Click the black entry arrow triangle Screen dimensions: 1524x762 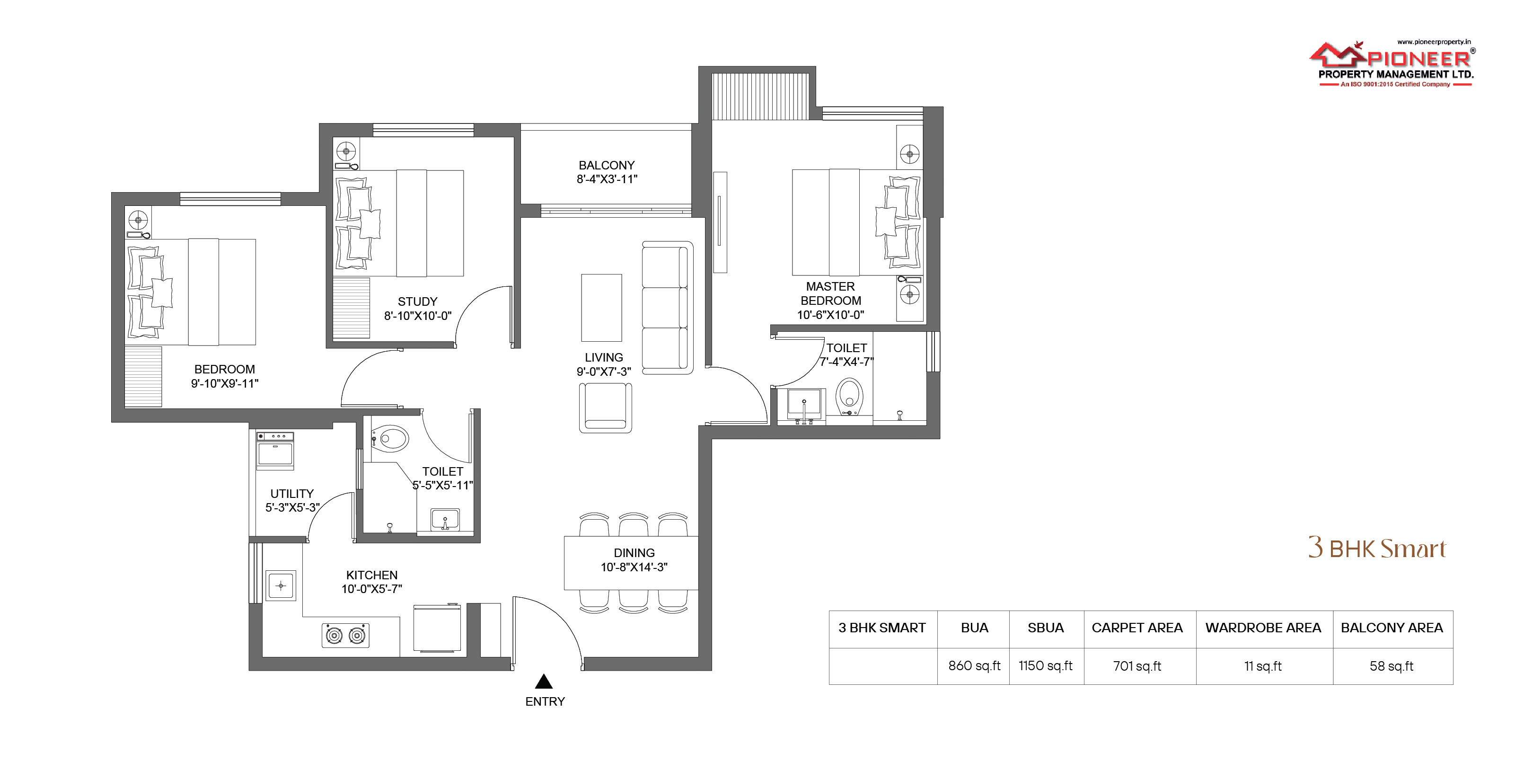(x=544, y=682)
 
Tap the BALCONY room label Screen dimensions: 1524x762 (x=607, y=166)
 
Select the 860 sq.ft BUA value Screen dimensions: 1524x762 (x=974, y=666)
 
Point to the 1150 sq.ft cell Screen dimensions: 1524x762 (x=1045, y=666)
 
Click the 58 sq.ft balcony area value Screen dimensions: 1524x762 (x=1392, y=666)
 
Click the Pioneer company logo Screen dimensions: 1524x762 (x=1392, y=64)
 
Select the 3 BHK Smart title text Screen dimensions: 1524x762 (x=1377, y=548)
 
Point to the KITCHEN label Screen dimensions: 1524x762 (x=371, y=575)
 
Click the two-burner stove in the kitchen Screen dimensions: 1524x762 (x=345, y=635)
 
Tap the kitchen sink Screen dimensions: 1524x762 (x=281, y=586)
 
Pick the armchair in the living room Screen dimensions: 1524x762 (x=605, y=408)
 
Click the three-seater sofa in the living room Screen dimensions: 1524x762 (x=667, y=308)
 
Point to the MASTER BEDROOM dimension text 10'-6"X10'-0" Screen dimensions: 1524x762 (x=831, y=315)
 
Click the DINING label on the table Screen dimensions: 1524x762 (x=634, y=553)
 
